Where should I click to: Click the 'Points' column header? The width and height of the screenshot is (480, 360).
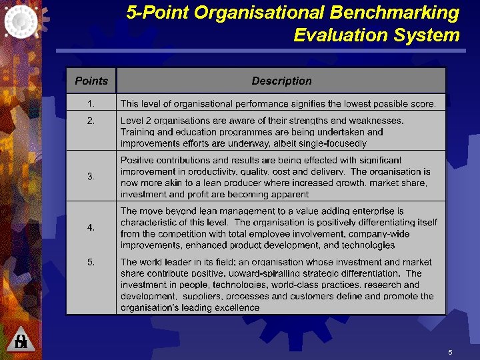[x=91, y=81]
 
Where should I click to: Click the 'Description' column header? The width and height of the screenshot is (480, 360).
[x=281, y=81]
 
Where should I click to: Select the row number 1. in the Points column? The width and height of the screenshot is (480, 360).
[x=91, y=103]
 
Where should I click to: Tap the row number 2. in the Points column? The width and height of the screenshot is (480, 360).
[x=91, y=121]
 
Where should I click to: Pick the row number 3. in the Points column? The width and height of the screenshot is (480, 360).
[x=91, y=176]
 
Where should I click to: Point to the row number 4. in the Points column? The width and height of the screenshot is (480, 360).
[x=91, y=227]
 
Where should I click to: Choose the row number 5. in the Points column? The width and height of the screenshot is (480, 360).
[x=91, y=262]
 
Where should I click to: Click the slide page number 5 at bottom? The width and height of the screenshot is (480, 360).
[x=451, y=351]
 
